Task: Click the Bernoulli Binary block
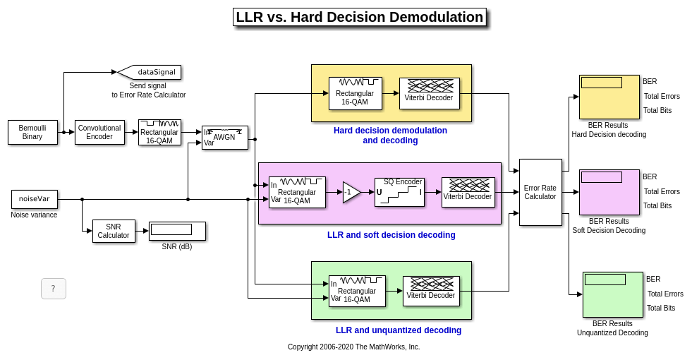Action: (32, 132)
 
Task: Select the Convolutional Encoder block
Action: (99, 132)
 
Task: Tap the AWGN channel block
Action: (224, 137)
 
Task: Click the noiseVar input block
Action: (35, 199)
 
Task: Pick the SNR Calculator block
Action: (114, 231)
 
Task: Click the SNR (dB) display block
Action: (177, 231)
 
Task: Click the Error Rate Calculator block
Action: (540, 192)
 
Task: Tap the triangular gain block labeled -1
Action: (351, 192)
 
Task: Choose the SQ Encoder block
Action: (399, 192)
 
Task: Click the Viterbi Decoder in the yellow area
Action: (429, 93)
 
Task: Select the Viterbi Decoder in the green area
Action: (431, 291)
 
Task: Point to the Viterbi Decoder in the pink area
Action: (468, 192)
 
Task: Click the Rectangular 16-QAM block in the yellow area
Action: (355, 93)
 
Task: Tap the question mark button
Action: (54, 288)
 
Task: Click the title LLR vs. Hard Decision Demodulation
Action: (359, 18)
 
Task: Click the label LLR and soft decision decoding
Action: (391, 235)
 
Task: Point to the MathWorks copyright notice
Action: (353, 347)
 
